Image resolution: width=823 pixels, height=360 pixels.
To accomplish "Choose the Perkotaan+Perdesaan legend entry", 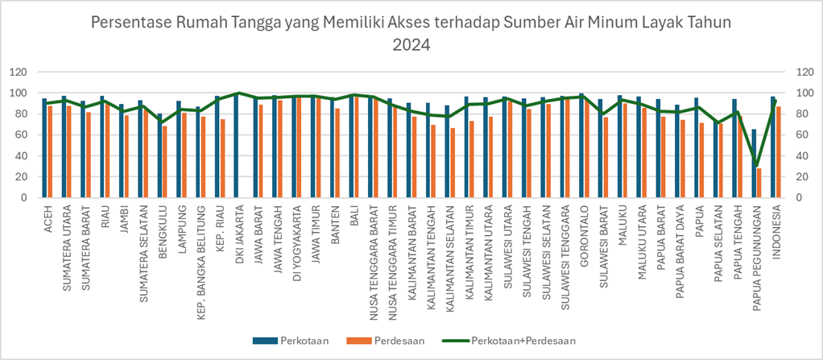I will (523, 341).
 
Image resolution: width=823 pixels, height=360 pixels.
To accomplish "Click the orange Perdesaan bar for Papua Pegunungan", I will (759, 183).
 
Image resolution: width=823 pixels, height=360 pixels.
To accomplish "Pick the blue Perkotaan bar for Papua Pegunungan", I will (754, 163).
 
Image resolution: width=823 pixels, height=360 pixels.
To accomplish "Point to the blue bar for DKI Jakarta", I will (236, 146).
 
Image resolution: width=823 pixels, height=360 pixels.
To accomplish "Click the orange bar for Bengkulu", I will (165, 161).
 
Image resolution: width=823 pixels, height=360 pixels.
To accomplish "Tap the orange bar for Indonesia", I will (778, 152).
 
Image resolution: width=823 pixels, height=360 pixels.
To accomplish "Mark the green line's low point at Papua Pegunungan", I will (756, 164).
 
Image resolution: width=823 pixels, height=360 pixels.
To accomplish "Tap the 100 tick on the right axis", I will (803, 93).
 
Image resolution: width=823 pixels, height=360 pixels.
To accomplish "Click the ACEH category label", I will (48, 214).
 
